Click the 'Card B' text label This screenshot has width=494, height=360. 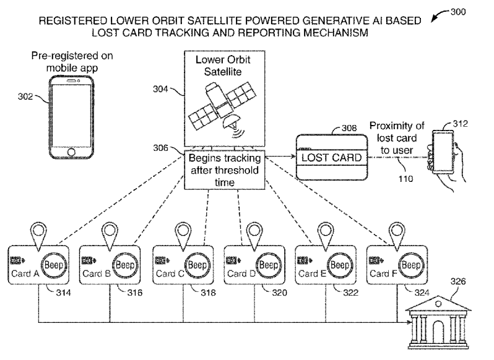[x=95, y=273]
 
